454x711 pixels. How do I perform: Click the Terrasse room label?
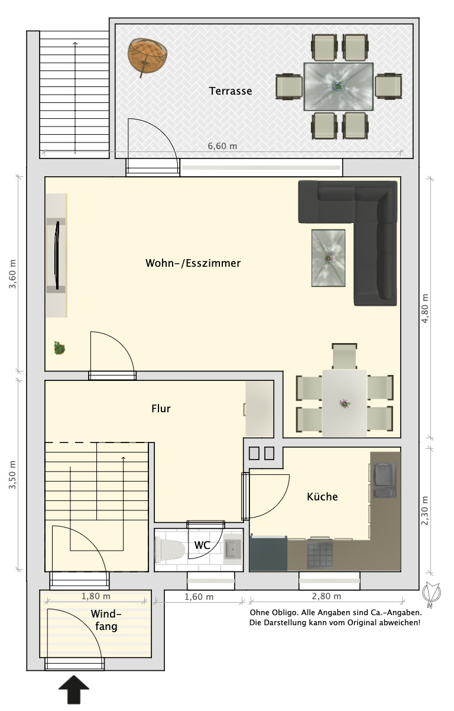coord(231,91)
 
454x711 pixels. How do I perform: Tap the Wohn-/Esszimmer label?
coord(193,263)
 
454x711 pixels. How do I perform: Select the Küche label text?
coord(322,496)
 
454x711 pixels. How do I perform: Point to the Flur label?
coord(161,409)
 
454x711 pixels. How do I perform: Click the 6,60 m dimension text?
coord(222,146)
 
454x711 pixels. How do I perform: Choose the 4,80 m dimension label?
coord(425,309)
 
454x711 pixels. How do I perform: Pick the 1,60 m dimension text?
coord(199,597)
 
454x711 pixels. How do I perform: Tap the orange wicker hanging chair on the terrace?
coord(147,57)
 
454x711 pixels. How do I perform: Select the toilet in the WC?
coord(169,550)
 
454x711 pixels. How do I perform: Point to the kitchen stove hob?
coord(320,555)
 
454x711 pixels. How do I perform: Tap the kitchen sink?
coord(384,480)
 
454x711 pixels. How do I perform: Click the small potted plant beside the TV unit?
coord(59,348)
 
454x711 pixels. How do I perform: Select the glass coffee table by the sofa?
coord(328,258)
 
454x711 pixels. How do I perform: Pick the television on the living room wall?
coord(57,256)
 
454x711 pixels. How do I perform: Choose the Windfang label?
coord(106,619)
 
